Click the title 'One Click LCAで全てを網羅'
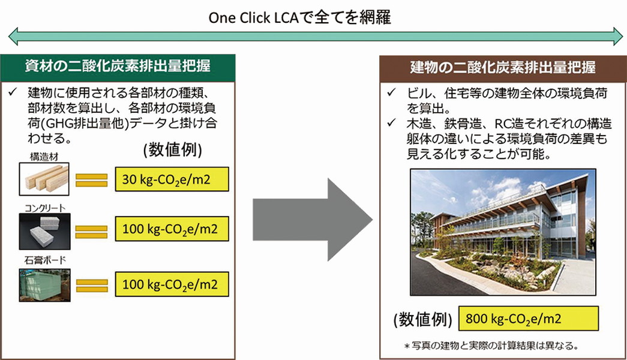pyautogui.click(x=299, y=18)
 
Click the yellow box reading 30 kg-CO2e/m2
pyautogui.click(x=172, y=179)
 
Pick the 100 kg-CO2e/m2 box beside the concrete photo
pyautogui.click(x=172, y=229)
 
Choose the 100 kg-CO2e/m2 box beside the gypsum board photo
pyautogui.click(x=172, y=284)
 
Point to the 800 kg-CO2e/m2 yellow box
pyautogui.click(x=528, y=319)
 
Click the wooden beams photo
pyautogui.click(x=44, y=179)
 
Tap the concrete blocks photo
pyautogui.click(x=45, y=231)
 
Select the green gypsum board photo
pyautogui.click(x=45, y=285)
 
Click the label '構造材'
pyautogui.click(x=44, y=157)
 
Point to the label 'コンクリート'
pyautogui.click(x=45, y=208)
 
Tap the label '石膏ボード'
pyautogui.click(x=45, y=260)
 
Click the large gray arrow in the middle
pyautogui.click(x=313, y=220)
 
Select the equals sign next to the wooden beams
pyautogui.click(x=92, y=180)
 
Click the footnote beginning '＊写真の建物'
pyautogui.click(x=491, y=346)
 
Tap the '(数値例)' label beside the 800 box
pyautogui.click(x=422, y=320)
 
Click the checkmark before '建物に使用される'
pyautogui.click(x=13, y=92)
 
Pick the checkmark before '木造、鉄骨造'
pyautogui.click(x=391, y=123)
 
